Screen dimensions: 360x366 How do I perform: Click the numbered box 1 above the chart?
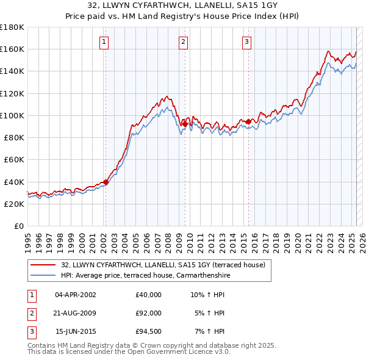click(x=104, y=42)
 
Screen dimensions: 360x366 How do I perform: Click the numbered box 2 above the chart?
click(x=184, y=42)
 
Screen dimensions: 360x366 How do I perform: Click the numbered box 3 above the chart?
click(x=246, y=42)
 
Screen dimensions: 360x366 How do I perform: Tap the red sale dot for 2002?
click(x=106, y=181)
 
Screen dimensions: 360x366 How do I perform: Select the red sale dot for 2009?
click(x=185, y=124)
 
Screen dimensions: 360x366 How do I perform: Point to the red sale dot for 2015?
click(x=249, y=121)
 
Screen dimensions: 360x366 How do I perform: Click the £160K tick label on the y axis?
click(x=12, y=49)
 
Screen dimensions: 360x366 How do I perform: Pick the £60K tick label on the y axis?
click(x=14, y=159)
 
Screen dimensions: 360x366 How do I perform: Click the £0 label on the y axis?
click(x=19, y=226)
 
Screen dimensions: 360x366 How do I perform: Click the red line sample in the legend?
click(x=43, y=265)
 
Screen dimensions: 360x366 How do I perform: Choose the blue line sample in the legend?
click(x=43, y=275)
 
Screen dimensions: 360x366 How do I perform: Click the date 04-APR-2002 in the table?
click(x=76, y=295)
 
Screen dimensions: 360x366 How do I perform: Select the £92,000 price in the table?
click(x=149, y=313)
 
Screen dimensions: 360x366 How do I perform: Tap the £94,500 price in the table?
click(x=149, y=331)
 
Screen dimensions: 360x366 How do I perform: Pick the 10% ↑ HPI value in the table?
click(x=208, y=295)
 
